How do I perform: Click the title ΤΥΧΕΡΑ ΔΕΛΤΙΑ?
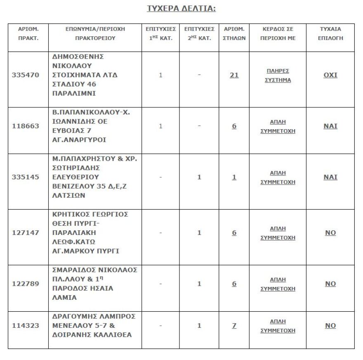click(x=181, y=9)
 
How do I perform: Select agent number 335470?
click(x=26, y=75)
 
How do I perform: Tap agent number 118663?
click(x=26, y=126)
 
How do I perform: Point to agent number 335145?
click(x=26, y=177)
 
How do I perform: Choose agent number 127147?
click(x=26, y=232)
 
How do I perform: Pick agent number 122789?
click(x=26, y=284)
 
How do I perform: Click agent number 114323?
click(x=26, y=325)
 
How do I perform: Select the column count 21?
click(x=234, y=75)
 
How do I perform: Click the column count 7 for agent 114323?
click(x=234, y=325)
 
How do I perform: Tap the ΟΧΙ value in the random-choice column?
click(x=330, y=75)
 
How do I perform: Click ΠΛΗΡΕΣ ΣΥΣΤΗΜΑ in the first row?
click(x=278, y=76)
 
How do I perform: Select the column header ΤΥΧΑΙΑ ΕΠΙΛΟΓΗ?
click(x=330, y=33)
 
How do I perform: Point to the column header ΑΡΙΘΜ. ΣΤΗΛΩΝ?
click(x=234, y=33)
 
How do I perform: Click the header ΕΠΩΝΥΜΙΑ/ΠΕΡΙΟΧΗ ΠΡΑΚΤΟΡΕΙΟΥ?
click(x=95, y=33)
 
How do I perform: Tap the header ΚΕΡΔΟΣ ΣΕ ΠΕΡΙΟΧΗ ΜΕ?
click(x=278, y=33)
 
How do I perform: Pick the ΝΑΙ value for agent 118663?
click(x=330, y=126)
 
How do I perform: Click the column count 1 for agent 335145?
click(x=234, y=177)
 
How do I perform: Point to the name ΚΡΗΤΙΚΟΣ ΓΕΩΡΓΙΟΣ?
click(x=90, y=214)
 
